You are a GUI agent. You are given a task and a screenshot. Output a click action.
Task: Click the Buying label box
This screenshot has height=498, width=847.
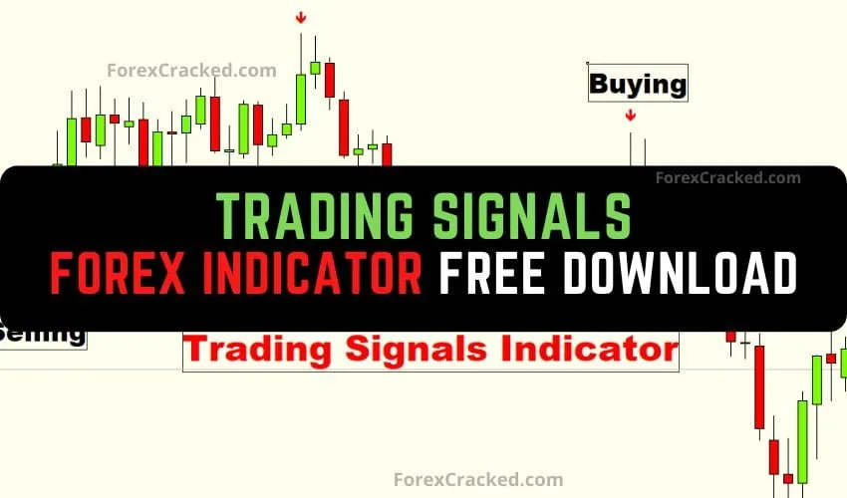[x=638, y=84]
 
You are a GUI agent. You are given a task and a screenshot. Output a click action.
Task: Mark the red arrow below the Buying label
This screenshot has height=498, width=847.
[x=630, y=116]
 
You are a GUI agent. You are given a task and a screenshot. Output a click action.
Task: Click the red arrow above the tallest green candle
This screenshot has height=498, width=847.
[x=301, y=18]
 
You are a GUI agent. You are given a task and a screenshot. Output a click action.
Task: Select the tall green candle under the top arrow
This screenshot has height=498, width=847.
[x=301, y=98]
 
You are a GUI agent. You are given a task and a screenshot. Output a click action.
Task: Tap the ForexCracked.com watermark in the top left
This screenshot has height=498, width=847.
[x=177, y=70]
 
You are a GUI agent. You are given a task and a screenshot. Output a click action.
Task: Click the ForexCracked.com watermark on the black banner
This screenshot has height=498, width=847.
[x=727, y=178]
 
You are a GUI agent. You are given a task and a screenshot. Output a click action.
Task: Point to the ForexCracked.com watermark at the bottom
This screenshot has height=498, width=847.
[x=478, y=479]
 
